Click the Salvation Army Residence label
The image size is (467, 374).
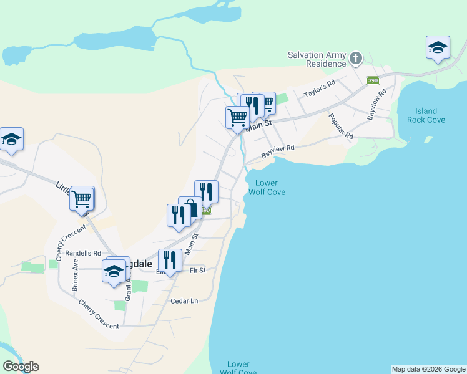[x=317, y=59]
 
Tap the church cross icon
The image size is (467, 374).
[x=356, y=59]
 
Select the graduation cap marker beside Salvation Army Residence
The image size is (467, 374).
[x=438, y=47]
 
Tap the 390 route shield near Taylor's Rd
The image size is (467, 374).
[x=373, y=81]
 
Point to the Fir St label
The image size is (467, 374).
[x=197, y=271]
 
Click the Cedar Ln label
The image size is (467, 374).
[x=184, y=301]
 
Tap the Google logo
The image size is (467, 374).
[x=21, y=367]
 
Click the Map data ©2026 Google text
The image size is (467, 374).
[x=428, y=369]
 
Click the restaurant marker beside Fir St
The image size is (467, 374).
[x=170, y=260]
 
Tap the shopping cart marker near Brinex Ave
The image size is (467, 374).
[x=82, y=199]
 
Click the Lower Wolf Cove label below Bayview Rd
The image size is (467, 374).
[x=267, y=188]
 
